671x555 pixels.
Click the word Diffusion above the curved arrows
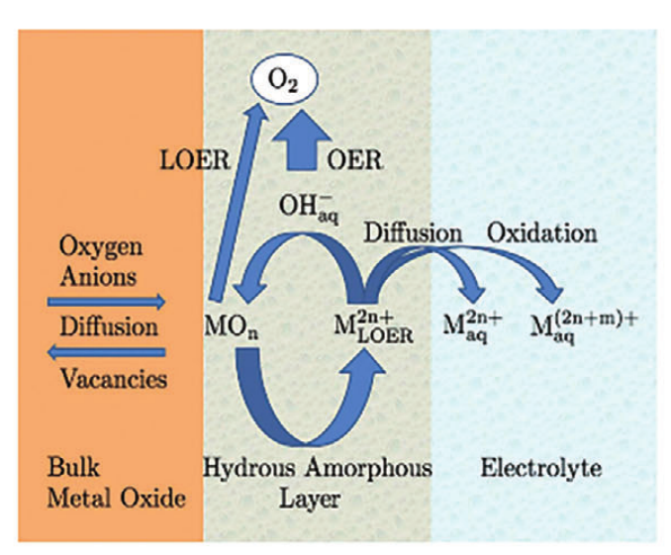click(x=413, y=234)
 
